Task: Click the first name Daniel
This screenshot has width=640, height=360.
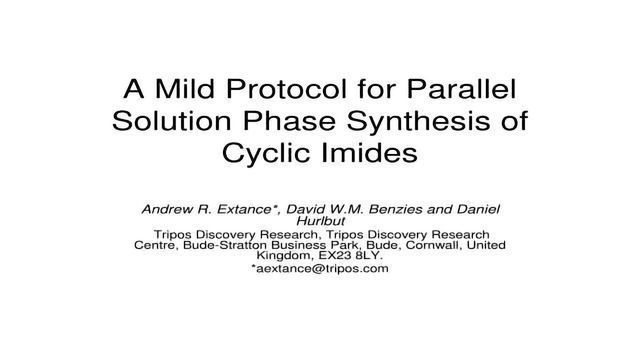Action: [x=475, y=209]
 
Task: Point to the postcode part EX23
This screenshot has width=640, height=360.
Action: [x=331, y=256]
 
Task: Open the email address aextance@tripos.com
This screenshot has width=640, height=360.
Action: [x=320, y=270]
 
